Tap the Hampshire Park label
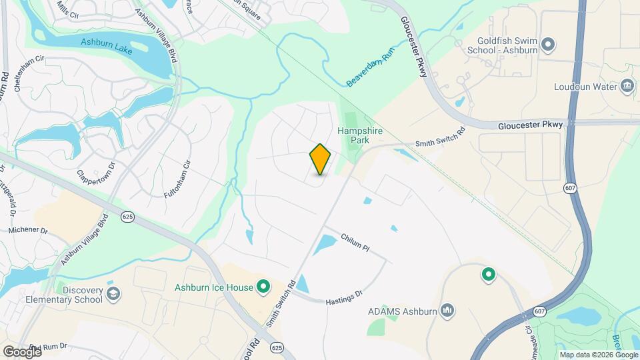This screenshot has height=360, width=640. (x=359, y=136)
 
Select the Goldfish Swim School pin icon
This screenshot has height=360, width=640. (x=548, y=45)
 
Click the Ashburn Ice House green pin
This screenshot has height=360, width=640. (x=263, y=287)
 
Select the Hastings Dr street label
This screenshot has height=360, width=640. (x=344, y=298)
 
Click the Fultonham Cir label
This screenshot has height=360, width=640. (x=178, y=179)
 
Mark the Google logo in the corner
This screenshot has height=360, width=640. (x=21, y=351)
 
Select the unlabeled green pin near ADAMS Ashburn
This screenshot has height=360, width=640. (x=488, y=274)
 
